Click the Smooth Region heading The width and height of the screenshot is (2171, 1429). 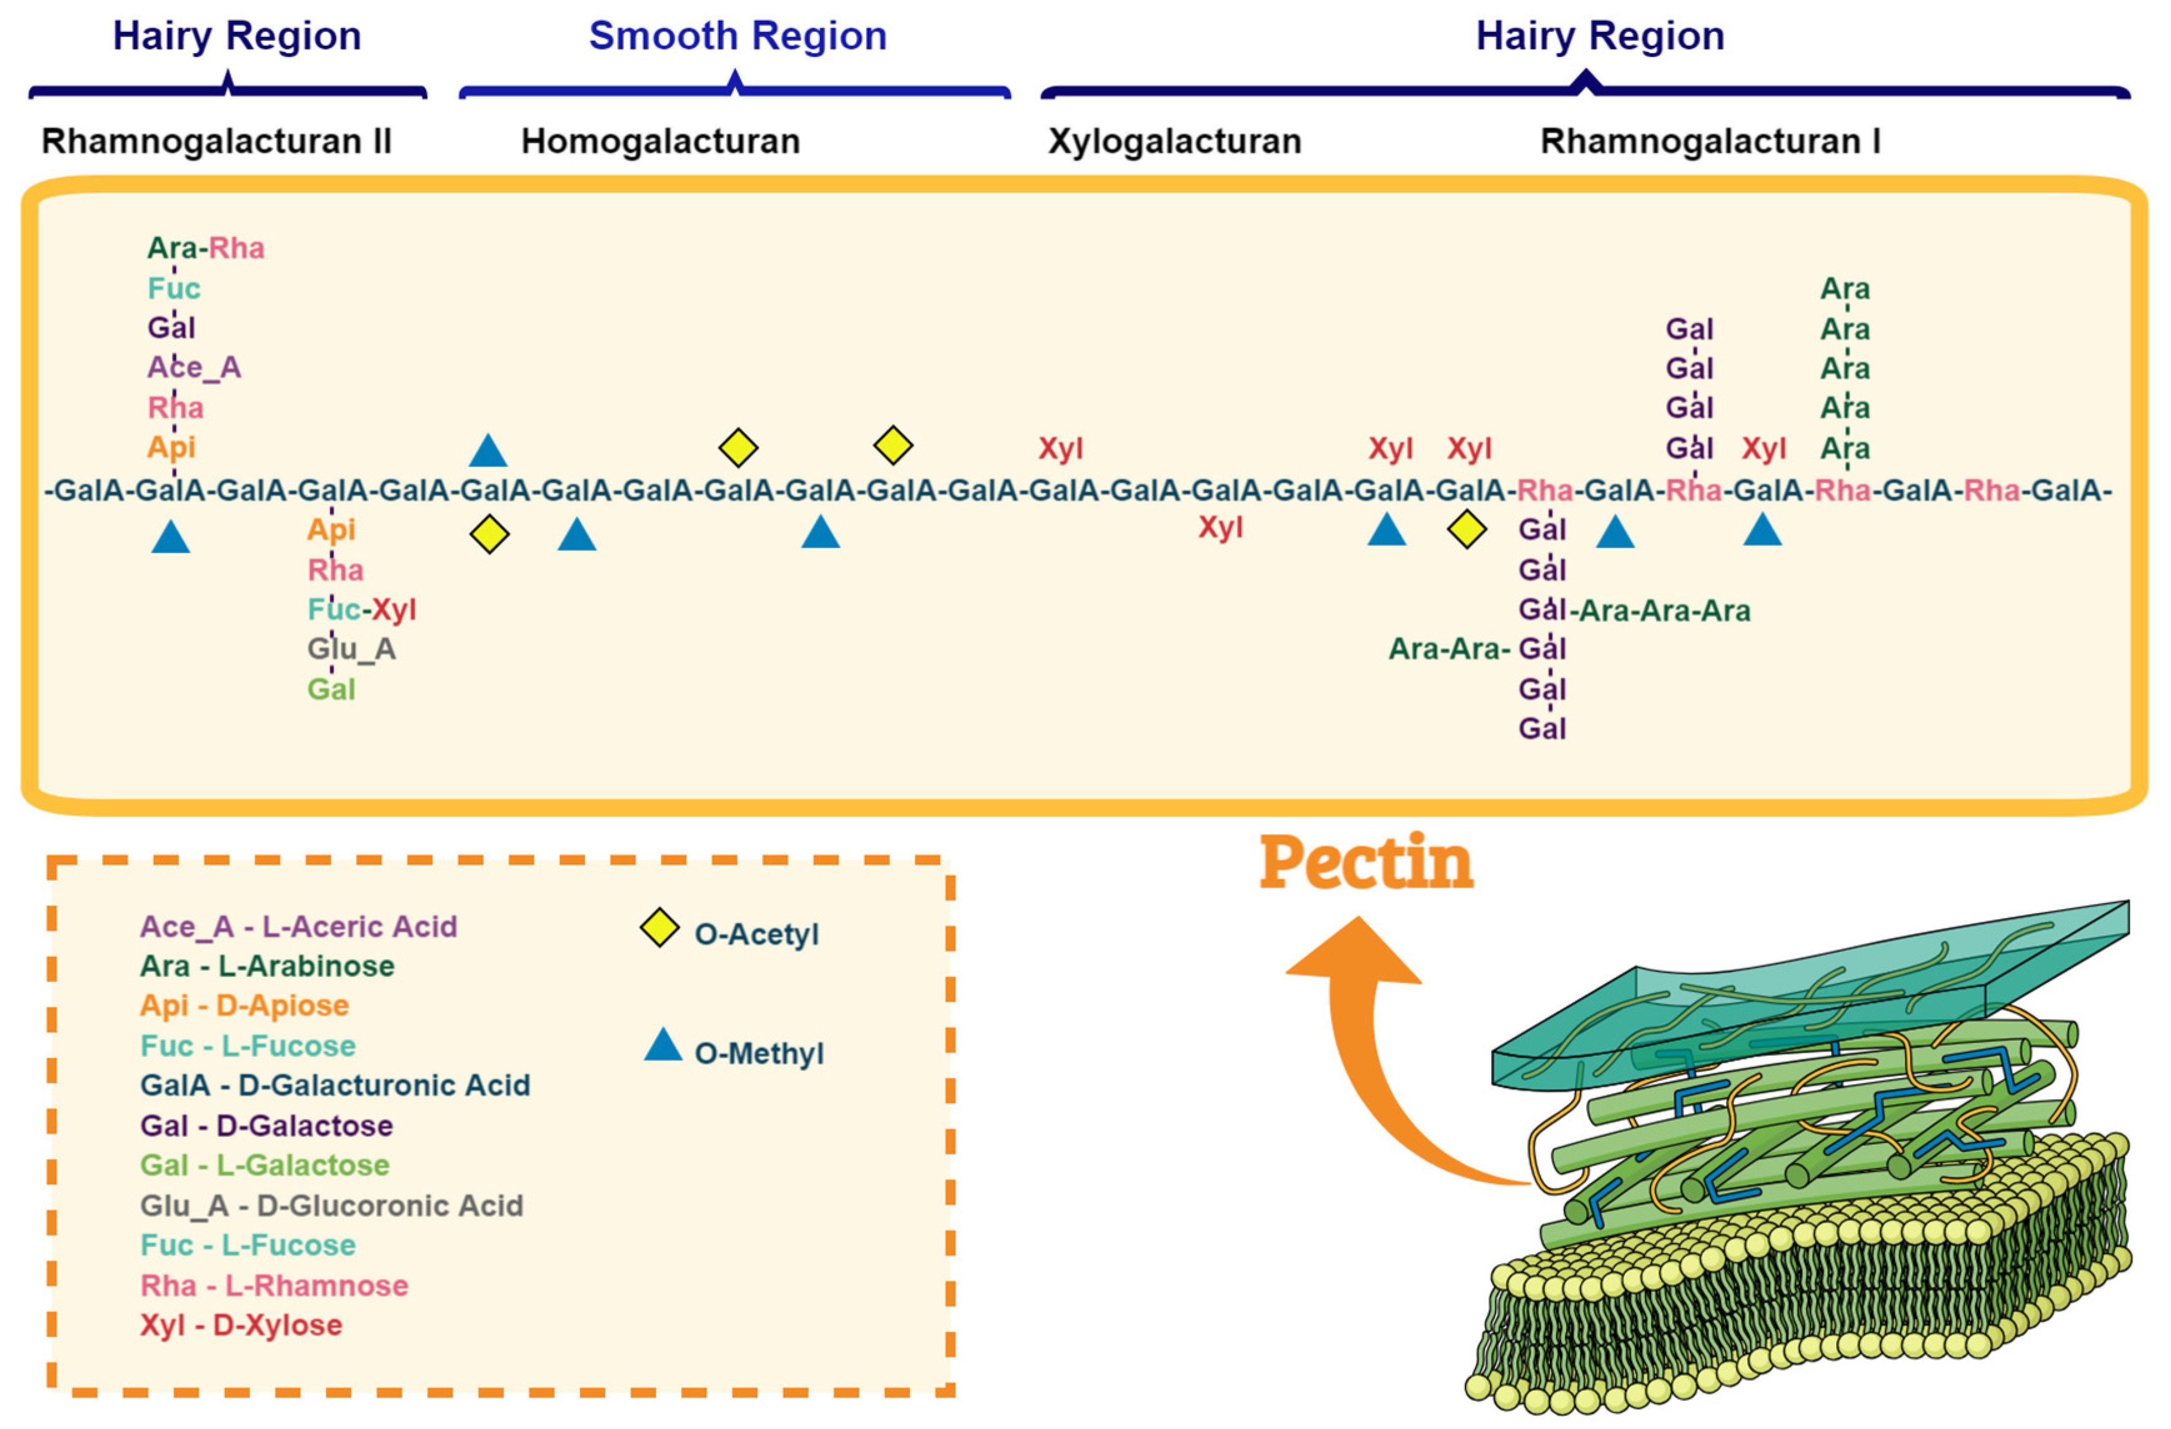click(737, 36)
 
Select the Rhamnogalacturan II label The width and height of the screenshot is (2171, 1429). click(217, 141)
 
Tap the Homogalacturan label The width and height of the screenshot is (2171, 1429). click(661, 141)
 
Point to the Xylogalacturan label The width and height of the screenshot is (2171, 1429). click(1174, 141)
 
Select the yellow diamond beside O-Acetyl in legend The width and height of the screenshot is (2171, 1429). click(659, 929)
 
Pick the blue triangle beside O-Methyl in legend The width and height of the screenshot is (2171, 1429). click(663, 1046)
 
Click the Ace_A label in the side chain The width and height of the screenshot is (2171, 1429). click(193, 367)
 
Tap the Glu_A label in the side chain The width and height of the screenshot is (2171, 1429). click(351, 649)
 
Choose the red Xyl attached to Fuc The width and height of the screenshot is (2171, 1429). click(394, 609)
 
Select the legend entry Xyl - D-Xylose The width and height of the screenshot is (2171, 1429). click(241, 1325)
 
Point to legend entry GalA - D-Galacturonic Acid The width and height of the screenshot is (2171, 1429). click(335, 1085)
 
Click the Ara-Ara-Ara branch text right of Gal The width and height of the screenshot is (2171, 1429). click(1665, 610)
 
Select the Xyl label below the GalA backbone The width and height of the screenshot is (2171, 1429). click(1220, 527)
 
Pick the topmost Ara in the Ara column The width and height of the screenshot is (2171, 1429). click(1844, 289)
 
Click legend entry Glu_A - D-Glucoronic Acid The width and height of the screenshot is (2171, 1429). click(331, 1205)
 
